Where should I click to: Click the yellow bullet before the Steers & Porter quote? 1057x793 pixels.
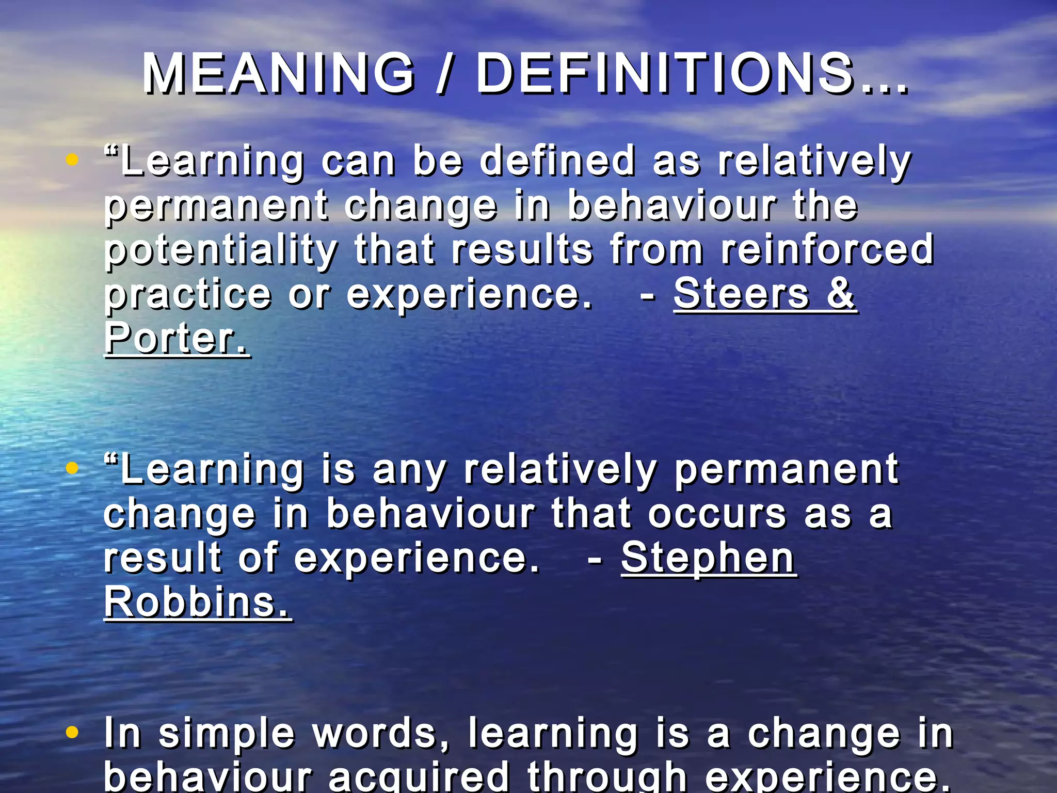[72, 160]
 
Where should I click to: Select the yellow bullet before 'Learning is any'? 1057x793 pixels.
[72, 468]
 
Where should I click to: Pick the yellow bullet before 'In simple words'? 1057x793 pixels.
[72, 732]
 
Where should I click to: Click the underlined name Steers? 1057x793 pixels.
[741, 293]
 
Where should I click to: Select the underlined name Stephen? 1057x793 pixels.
[708, 558]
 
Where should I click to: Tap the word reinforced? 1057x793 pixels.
[827, 249]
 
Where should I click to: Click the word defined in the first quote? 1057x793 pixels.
[557, 161]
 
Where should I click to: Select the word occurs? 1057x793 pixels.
[717, 514]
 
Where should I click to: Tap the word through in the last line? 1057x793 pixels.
[607, 777]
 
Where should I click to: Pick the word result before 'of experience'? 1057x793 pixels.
[163, 558]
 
